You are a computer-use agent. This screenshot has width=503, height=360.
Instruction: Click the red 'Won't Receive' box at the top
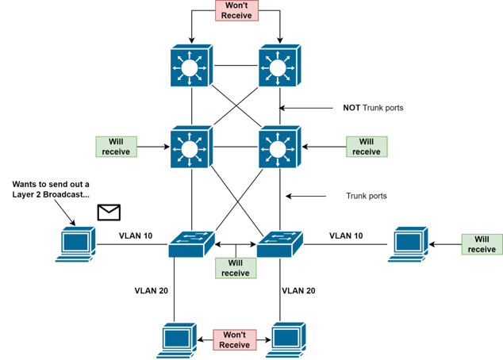pyautogui.click(x=236, y=11)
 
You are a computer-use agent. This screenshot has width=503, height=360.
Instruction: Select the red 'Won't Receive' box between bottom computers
pyautogui.click(x=234, y=339)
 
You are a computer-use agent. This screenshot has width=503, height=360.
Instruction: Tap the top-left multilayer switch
pyautogui.click(x=191, y=67)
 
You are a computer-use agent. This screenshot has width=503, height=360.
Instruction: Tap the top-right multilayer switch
pyautogui.click(x=279, y=67)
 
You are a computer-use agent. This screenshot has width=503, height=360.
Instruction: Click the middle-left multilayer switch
pyautogui.click(x=191, y=147)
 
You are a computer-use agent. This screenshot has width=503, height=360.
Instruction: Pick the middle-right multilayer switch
pyautogui.click(x=279, y=147)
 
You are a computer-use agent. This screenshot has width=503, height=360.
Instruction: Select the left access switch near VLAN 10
pyautogui.click(x=191, y=243)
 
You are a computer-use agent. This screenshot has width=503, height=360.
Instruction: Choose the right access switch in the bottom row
pyautogui.click(x=279, y=243)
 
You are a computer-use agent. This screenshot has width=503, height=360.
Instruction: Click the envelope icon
pyautogui.click(x=109, y=212)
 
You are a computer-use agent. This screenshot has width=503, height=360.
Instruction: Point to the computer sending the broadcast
pyautogui.click(x=77, y=243)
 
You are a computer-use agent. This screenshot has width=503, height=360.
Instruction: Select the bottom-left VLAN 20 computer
pyautogui.click(x=178, y=339)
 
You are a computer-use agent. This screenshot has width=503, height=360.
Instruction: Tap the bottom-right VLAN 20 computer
pyautogui.click(x=289, y=339)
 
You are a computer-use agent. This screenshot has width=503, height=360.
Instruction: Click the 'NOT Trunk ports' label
pyautogui.click(x=373, y=108)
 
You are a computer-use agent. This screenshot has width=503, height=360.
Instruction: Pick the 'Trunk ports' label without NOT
pyautogui.click(x=367, y=195)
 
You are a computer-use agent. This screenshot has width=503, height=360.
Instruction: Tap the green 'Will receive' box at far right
pyautogui.click(x=482, y=243)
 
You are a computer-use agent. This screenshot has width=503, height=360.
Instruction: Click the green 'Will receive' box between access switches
pyautogui.click(x=236, y=268)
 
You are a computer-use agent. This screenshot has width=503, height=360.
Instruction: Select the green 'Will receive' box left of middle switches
pyautogui.click(x=116, y=147)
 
